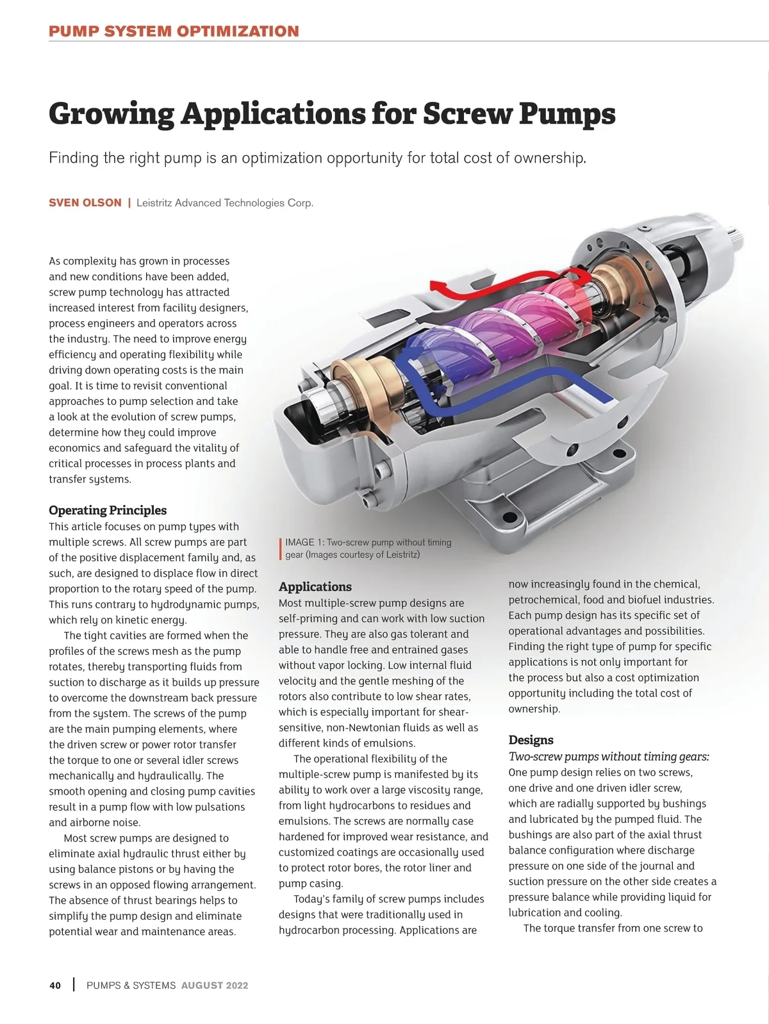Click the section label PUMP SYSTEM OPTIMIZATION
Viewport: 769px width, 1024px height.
coord(174,31)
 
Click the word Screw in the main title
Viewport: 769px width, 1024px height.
coord(467,114)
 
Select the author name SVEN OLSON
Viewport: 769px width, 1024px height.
coord(85,203)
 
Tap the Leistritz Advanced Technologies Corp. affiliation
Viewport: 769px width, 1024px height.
coord(225,203)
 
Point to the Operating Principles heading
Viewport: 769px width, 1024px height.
coord(108,510)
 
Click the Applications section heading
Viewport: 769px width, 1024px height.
coord(315,587)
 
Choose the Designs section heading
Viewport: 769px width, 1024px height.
coord(531,740)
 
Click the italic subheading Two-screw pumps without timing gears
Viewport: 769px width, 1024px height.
coord(608,757)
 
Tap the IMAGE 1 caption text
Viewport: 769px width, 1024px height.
coord(368,549)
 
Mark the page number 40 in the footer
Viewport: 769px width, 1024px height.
coord(55,986)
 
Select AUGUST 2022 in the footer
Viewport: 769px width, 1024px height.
coord(215,986)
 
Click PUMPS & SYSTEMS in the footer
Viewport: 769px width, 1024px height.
coord(131,986)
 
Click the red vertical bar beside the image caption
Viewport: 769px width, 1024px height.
coord(281,549)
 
